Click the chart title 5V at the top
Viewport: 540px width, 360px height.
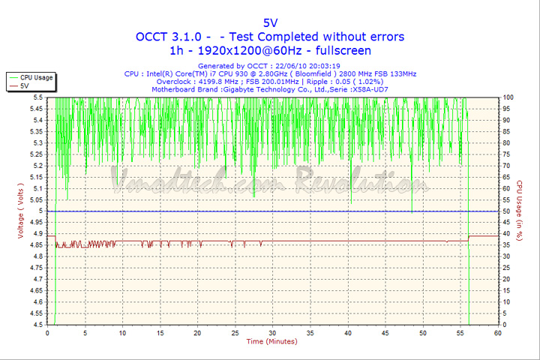[x=270, y=22]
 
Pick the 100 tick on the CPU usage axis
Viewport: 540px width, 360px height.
[x=508, y=97]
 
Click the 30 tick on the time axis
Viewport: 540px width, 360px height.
[x=273, y=332]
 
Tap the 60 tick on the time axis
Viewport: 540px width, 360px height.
[x=498, y=332]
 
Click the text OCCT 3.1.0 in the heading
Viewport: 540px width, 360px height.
[x=173, y=37]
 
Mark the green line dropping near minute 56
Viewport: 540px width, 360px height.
[x=469, y=270]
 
